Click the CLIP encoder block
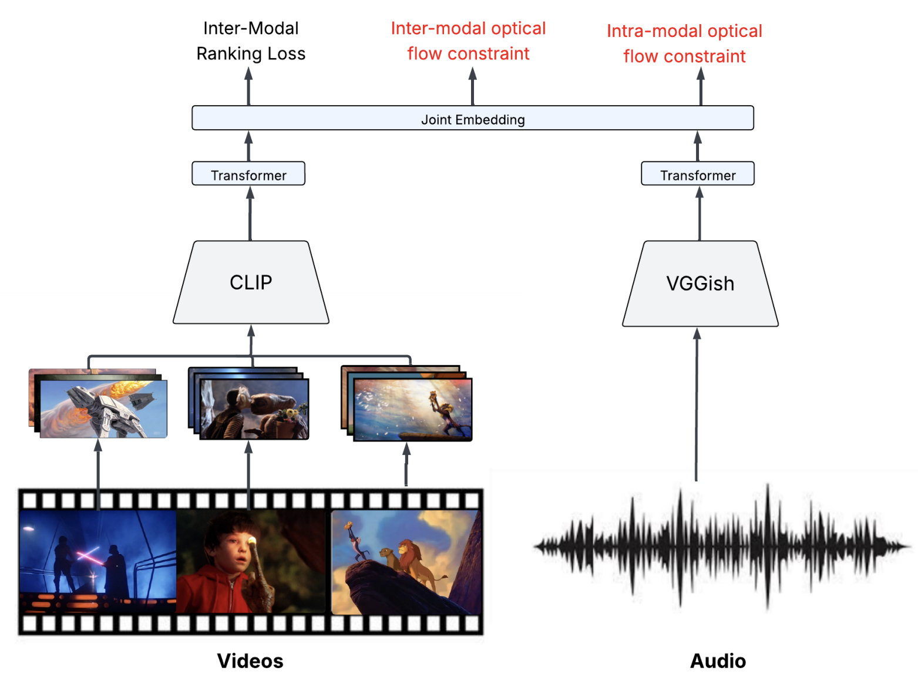click(x=251, y=282)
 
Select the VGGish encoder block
click(x=700, y=284)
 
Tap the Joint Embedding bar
click(x=472, y=119)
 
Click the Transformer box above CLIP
click(x=248, y=174)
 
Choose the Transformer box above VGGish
click(x=698, y=174)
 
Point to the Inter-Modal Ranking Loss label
click(x=251, y=41)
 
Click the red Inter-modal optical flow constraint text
click(x=468, y=41)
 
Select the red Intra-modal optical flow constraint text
click(x=684, y=43)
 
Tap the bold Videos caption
click(x=250, y=661)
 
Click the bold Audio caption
click(x=718, y=661)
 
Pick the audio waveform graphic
click(x=721, y=547)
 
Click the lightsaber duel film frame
click(x=97, y=561)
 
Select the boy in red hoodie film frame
click(x=251, y=561)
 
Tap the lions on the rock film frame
click(x=406, y=561)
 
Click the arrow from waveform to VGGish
click(x=697, y=405)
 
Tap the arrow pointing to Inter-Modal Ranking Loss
click(x=249, y=86)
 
